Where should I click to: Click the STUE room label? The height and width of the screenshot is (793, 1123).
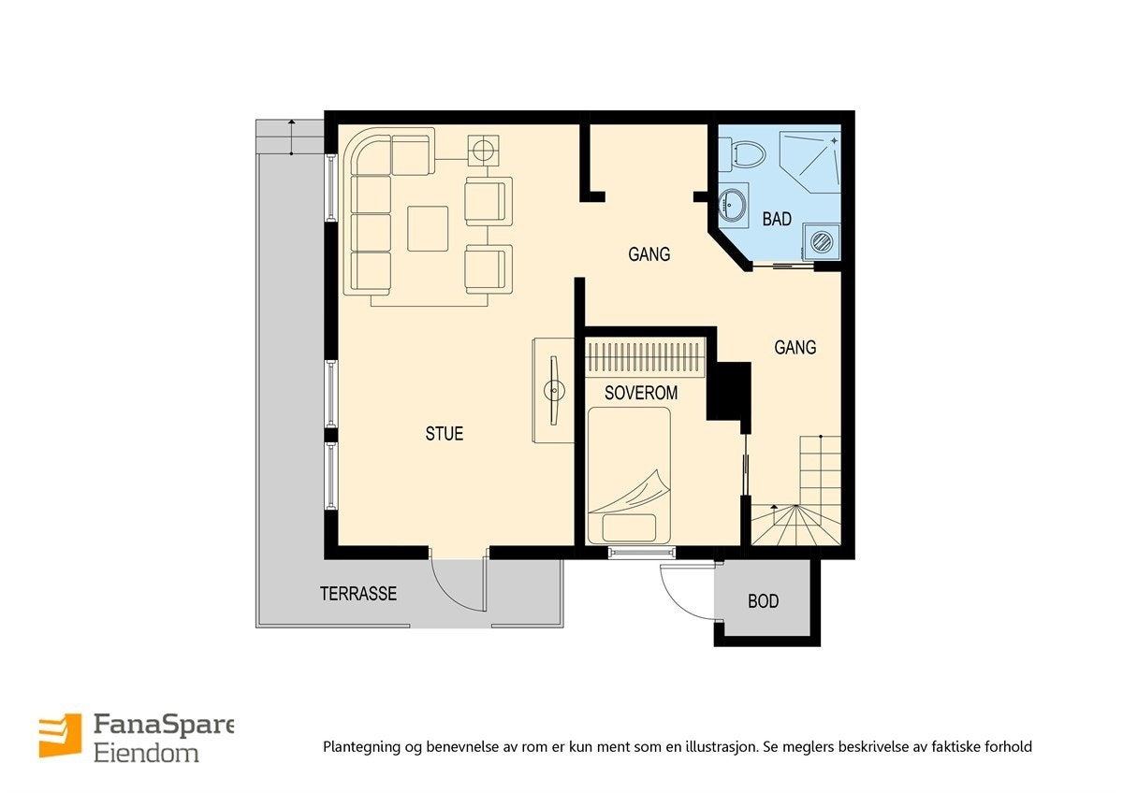[x=445, y=433]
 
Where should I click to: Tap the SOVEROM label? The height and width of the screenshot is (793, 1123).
[x=641, y=393]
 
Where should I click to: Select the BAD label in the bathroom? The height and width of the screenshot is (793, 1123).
[x=777, y=219]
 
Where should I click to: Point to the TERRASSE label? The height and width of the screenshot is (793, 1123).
[x=358, y=594]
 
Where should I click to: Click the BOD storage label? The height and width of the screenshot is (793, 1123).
[x=763, y=601]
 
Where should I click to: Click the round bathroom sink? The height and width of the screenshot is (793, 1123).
[x=733, y=205]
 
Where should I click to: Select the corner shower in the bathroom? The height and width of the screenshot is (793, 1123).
[x=810, y=163]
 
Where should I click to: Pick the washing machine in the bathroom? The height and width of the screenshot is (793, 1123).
[x=822, y=242]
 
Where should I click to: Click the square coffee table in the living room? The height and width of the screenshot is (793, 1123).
[x=428, y=228]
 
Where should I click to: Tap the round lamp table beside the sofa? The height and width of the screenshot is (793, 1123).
[x=483, y=150]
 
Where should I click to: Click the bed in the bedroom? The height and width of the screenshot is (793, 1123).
[x=629, y=475]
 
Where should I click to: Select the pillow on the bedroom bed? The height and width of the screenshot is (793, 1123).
[x=629, y=528]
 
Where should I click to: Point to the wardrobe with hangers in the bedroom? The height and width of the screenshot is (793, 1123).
[x=646, y=357]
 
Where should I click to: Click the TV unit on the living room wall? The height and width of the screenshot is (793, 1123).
[x=553, y=390]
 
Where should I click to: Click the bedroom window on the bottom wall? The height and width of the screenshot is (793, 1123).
[x=641, y=553]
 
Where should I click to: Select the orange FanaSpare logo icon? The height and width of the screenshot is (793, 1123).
[x=60, y=735]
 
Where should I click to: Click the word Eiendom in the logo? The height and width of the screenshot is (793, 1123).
[x=146, y=754]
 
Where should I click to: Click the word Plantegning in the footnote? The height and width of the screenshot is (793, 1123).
[x=362, y=747]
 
